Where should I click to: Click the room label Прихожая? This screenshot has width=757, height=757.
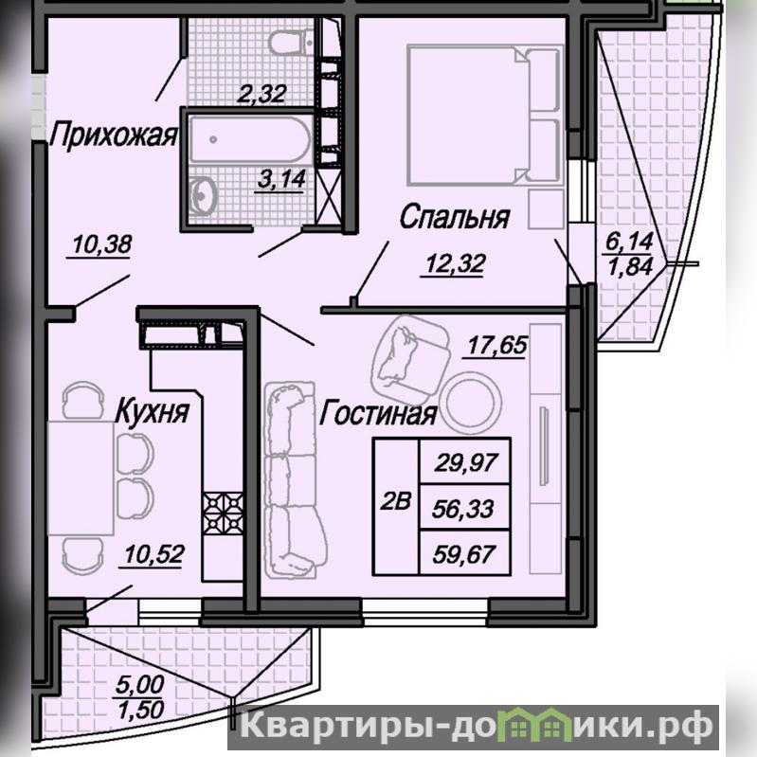pyautogui.click(x=114, y=135)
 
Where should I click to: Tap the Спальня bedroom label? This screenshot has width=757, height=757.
pyautogui.click(x=455, y=217)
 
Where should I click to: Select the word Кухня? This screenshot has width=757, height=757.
pyautogui.click(x=153, y=411)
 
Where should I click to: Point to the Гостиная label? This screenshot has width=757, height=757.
pyautogui.click(x=378, y=414)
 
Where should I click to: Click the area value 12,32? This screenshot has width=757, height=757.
pyautogui.click(x=455, y=263)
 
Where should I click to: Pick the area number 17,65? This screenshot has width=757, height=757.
pyautogui.click(x=497, y=345)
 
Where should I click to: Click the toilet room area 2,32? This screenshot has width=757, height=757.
pyautogui.click(x=261, y=93)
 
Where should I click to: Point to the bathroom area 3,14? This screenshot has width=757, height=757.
pyautogui.click(x=281, y=179)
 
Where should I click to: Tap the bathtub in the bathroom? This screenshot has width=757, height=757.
pyautogui.click(x=249, y=139)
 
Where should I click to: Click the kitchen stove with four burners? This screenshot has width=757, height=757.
pyautogui.click(x=223, y=513)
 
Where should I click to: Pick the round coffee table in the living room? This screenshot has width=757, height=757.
pyautogui.click(x=471, y=403)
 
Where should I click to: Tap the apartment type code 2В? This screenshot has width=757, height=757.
pyautogui.click(x=395, y=501)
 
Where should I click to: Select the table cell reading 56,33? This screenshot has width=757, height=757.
pyautogui.click(x=463, y=509)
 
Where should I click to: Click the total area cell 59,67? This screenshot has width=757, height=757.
pyautogui.click(x=464, y=553)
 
